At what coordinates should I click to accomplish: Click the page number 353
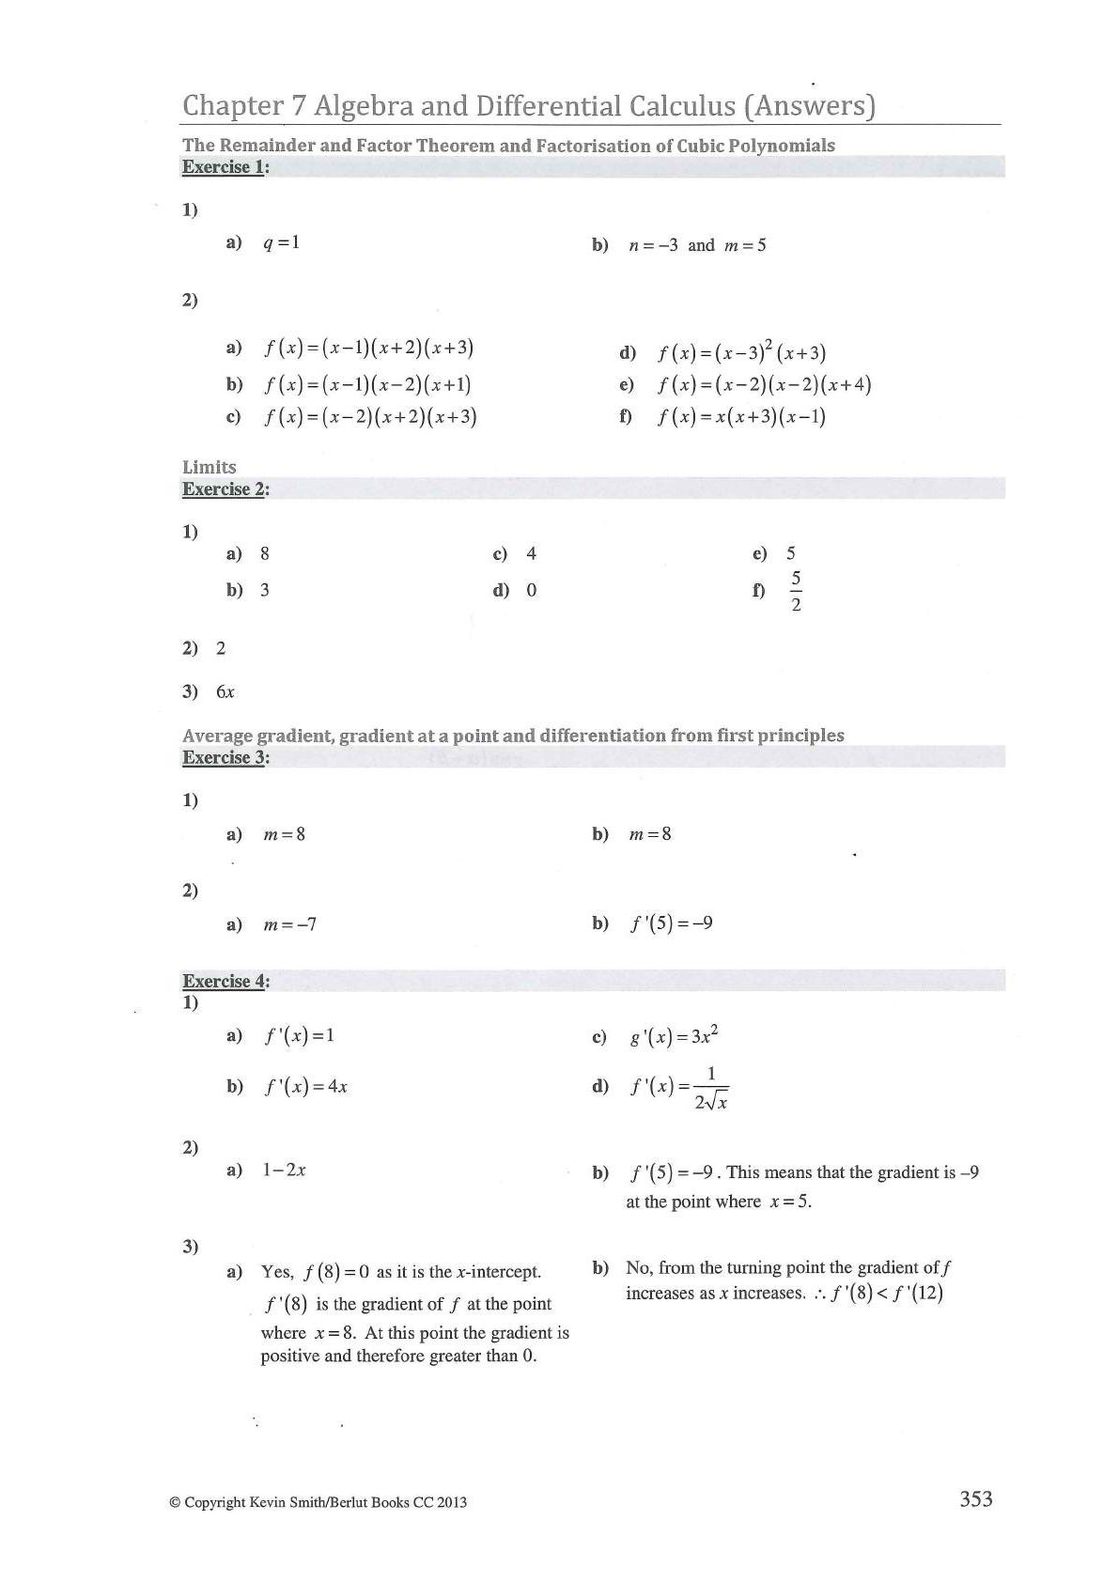(975, 1498)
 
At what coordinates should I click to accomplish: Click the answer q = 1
(281, 242)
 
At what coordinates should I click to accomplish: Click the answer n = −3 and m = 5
(697, 245)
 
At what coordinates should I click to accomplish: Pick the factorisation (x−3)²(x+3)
(741, 352)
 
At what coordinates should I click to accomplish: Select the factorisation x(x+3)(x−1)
(741, 416)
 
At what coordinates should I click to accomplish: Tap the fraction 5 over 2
(796, 591)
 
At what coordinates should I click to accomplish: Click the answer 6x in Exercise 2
(225, 692)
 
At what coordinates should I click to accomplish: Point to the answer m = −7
(289, 924)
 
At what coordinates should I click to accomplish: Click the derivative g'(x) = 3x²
(674, 1036)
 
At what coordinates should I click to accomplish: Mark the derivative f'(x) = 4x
(306, 1087)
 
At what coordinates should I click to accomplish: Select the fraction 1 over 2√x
(711, 1088)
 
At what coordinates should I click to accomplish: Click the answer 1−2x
(284, 1171)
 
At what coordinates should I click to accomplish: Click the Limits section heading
(210, 467)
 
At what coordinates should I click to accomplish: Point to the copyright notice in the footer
(318, 1502)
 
